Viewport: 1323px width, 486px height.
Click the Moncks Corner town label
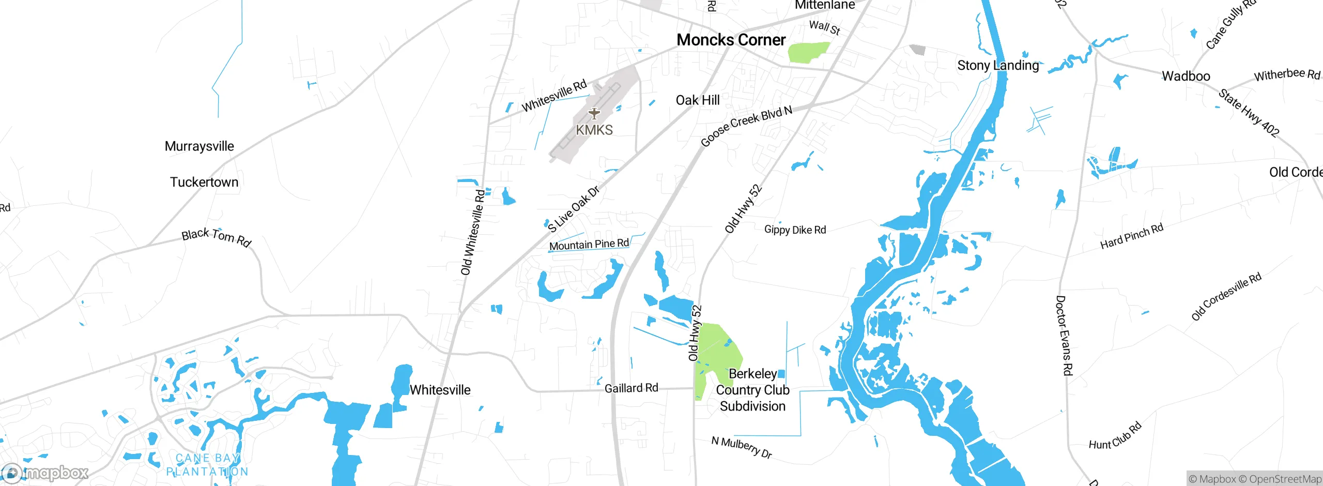point(731,40)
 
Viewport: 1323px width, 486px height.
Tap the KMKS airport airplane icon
point(594,113)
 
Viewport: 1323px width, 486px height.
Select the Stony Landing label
point(997,66)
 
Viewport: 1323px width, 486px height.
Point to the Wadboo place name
point(1186,77)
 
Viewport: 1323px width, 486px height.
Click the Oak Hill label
point(697,100)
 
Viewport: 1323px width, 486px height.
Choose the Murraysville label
point(199,146)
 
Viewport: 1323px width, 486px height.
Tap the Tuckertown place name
point(204,183)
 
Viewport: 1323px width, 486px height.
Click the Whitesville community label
point(440,390)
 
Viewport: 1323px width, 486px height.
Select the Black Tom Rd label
point(216,237)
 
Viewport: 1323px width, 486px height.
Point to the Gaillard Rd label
point(631,388)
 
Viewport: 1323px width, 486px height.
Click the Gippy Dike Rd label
point(795,230)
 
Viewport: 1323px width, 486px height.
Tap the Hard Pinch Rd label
point(1131,236)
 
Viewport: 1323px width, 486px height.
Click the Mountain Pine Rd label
point(589,245)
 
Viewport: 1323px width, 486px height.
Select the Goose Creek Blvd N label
point(746,126)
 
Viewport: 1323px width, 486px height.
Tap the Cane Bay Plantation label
point(207,465)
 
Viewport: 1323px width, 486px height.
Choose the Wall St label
point(824,27)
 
